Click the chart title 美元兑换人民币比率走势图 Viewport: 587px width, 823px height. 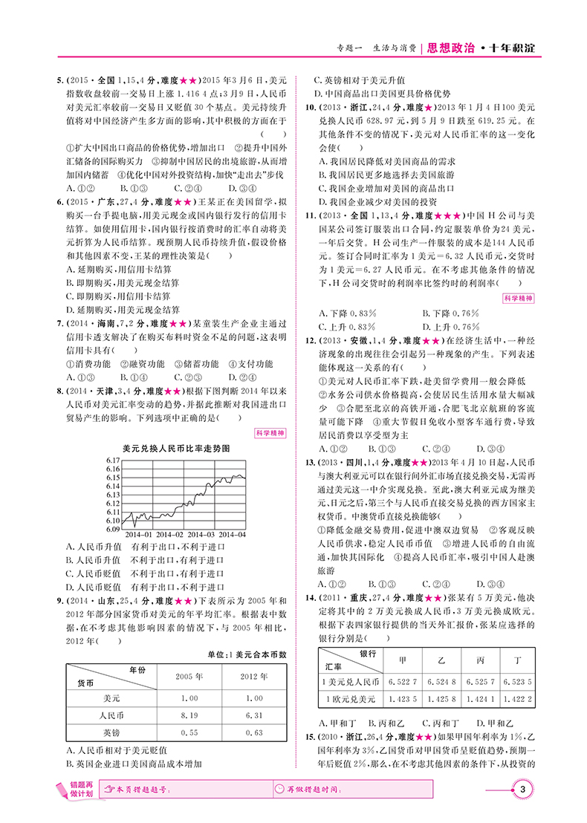[x=175, y=449]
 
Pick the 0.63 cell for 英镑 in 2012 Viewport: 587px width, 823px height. [x=253, y=732]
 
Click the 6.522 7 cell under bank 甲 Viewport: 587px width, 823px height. [x=402, y=680]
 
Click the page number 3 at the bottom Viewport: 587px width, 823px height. [x=525, y=789]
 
